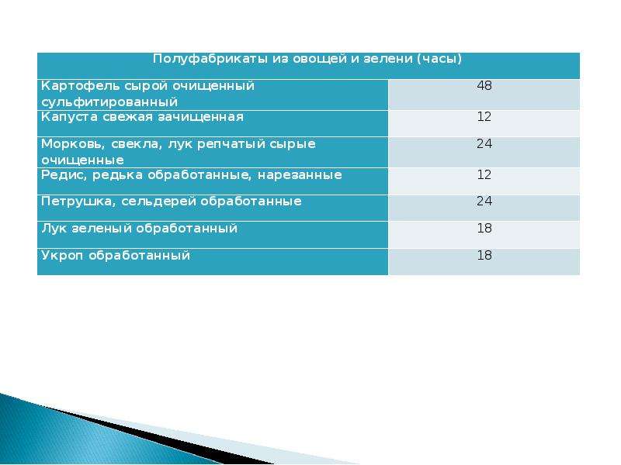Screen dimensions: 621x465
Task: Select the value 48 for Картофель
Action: pyautogui.click(x=484, y=85)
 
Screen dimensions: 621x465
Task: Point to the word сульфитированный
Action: pyautogui.click(x=109, y=102)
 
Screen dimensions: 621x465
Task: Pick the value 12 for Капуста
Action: pyautogui.click(x=484, y=116)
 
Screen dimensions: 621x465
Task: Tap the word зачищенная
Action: pyautogui.click(x=201, y=117)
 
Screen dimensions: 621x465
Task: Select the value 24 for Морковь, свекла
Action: pyautogui.click(x=484, y=143)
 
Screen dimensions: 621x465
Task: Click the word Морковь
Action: pyautogui.click(x=73, y=144)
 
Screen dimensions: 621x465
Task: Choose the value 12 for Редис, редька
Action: pyautogui.click(x=484, y=174)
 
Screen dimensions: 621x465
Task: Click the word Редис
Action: pyautogui.click(x=64, y=175)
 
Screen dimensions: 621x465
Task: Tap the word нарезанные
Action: pyautogui.click(x=300, y=175)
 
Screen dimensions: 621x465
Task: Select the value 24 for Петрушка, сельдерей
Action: pyautogui.click(x=484, y=201)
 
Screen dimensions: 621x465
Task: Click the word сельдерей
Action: pyautogui.click(x=158, y=201)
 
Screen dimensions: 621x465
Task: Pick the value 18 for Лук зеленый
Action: pyautogui.click(x=484, y=228)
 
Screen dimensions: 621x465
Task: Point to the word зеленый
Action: pyautogui.click(x=101, y=229)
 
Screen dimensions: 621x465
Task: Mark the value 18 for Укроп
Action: pyautogui.click(x=484, y=255)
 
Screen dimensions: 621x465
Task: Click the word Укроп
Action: pyautogui.click(x=62, y=256)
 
